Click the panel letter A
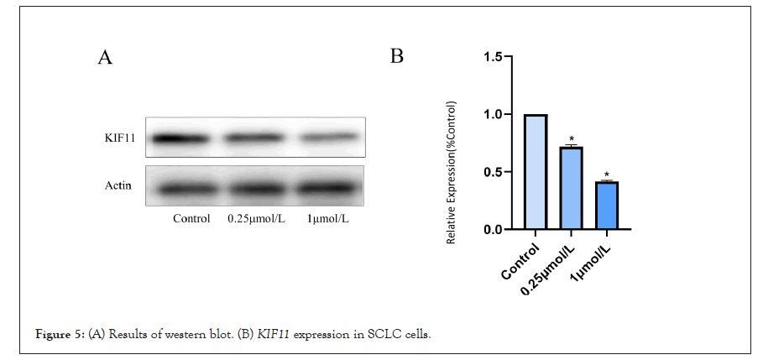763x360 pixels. (105, 57)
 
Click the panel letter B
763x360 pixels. (398, 56)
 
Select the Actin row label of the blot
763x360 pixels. (118, 185)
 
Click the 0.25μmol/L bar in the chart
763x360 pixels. (570, 188)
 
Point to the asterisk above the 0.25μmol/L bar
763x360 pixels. (570, 139)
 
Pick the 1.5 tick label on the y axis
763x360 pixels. (494, 57)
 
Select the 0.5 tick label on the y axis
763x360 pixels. (494, 172)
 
